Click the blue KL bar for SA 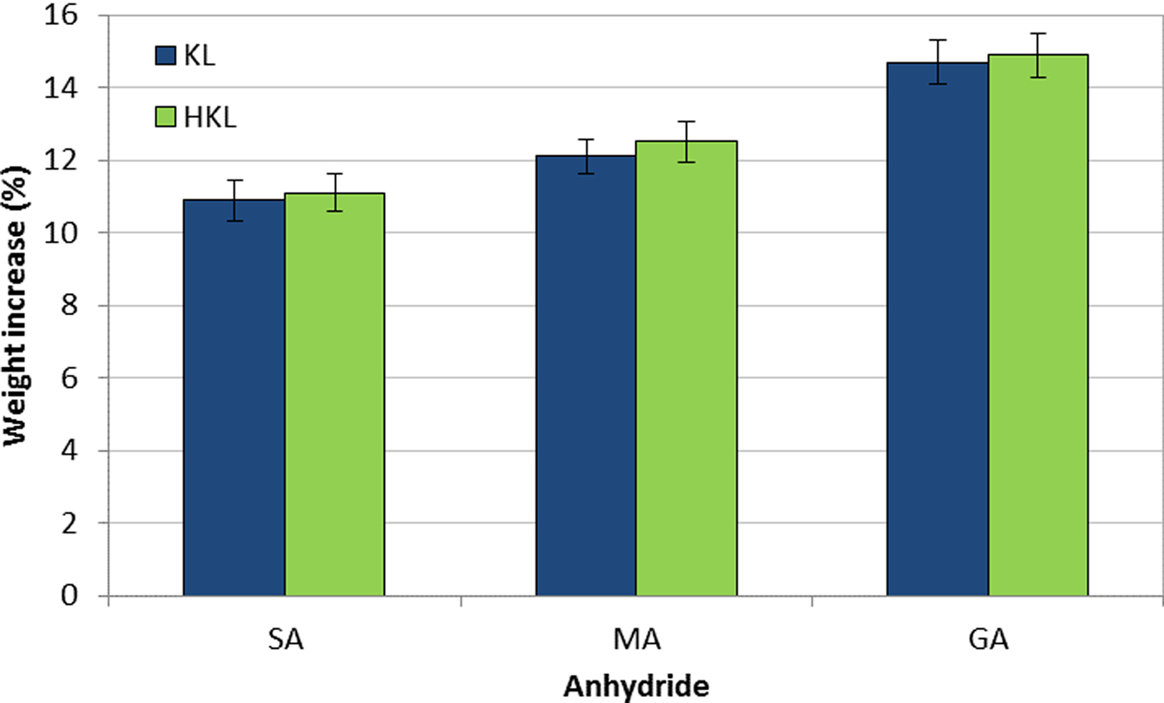(234, 399)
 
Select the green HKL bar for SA (334, 396)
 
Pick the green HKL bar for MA (686, 369)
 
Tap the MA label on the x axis (635, 642)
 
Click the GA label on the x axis (988, 642)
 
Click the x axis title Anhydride (636, 686)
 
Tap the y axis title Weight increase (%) (18, 306)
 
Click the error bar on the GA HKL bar (1038, 55)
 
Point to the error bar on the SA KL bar (234, 199)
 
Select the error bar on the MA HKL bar (686, 141)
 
